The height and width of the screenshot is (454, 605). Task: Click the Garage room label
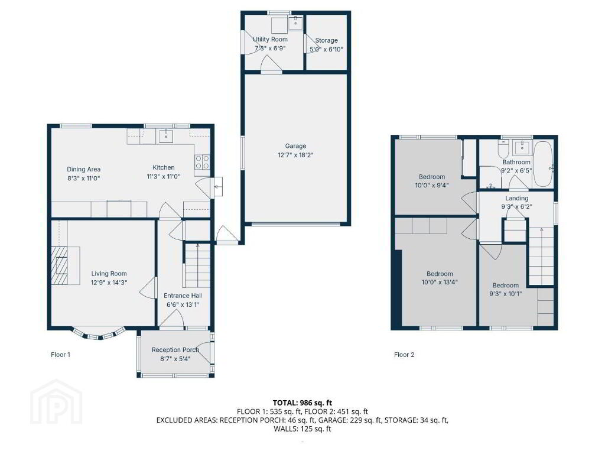coord(295,146)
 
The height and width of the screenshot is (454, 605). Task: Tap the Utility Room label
coord(270,40)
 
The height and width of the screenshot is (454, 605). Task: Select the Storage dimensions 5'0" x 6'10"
coord(326,50)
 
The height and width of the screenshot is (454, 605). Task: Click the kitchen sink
coord(166,135)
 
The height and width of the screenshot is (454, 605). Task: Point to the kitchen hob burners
coord(202,162)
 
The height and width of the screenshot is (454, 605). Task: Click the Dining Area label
coord(84,169)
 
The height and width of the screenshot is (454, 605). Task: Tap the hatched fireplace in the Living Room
coord(60,265)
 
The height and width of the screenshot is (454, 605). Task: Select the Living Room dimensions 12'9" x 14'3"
coord(109,282)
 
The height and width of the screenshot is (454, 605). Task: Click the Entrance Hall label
coord(183,296)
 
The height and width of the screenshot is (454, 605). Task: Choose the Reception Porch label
coord(175,350)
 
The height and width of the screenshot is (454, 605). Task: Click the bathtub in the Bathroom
coord(544,164)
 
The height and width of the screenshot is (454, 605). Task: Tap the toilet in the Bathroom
coord(504,147)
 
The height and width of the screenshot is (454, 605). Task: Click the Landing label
coord(516,198)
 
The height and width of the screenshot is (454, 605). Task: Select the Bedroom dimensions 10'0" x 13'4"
coord(440,282)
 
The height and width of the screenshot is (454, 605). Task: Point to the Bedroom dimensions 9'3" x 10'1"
coord(506,294)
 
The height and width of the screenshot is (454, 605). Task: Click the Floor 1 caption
coord(61,355)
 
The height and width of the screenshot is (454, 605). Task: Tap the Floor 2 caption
coord(404,355)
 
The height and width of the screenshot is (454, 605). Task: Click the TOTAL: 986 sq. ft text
coord(302,403)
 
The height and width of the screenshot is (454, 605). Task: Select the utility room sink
coord(297,23)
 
